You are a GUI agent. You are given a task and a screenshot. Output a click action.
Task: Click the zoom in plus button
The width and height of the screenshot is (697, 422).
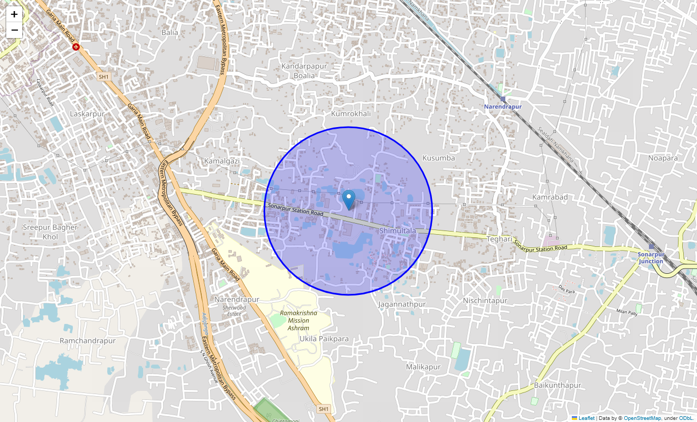14,14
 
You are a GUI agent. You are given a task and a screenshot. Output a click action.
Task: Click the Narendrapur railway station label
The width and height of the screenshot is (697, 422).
503,107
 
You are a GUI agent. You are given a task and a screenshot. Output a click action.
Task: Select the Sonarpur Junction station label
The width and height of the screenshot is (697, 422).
650,257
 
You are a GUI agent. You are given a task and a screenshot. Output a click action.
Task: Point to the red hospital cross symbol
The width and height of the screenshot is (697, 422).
76,47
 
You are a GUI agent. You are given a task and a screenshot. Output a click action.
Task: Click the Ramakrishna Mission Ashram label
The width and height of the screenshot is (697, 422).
298,320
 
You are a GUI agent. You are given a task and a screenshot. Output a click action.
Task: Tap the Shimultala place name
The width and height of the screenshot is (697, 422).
398,231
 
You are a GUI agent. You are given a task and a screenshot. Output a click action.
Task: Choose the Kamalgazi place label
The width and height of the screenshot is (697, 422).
222,160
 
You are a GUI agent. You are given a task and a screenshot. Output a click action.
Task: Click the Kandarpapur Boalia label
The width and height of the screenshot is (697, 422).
305,71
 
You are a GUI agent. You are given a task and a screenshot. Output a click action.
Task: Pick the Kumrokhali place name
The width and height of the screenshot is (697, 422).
351,114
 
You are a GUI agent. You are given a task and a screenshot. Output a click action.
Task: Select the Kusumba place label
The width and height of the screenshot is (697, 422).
438,158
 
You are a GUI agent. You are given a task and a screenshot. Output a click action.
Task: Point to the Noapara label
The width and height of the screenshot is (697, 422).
663,158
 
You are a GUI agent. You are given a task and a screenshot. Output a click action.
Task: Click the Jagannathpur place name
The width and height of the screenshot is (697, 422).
402,304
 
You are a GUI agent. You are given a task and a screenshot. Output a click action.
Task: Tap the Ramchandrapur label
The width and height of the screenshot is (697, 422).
88,341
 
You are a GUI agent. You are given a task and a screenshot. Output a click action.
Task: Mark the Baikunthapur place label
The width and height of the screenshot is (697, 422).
558,385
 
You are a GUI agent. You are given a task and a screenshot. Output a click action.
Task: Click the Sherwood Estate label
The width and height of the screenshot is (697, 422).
234,311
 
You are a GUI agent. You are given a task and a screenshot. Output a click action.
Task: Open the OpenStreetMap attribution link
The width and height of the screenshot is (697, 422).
642,418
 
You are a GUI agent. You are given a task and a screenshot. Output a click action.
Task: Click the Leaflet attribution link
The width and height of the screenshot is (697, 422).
586,418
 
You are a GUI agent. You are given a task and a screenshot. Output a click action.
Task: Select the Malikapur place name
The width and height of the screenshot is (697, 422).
423,367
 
